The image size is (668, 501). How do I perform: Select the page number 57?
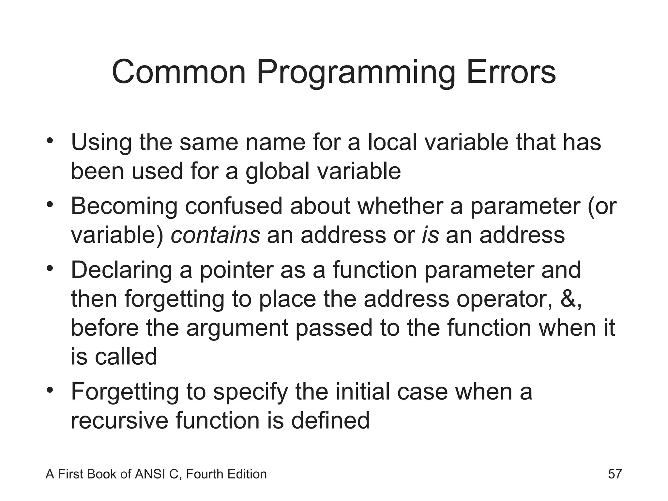615,474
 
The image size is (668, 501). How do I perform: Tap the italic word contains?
215,235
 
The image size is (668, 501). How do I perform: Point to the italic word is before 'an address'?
430,235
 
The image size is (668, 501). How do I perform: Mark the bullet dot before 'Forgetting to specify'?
50,390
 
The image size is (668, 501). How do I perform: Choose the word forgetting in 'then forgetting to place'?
175,299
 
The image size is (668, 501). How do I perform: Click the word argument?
237,328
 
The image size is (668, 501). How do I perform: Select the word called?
126,357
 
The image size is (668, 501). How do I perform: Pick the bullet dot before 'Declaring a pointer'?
50,269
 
